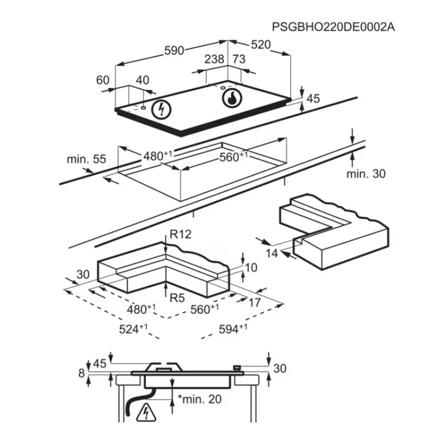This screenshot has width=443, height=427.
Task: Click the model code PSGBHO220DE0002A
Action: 333,26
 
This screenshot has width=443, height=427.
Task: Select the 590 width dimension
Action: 173,50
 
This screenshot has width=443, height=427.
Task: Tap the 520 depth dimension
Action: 260,45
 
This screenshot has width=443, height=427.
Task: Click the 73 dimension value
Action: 238,59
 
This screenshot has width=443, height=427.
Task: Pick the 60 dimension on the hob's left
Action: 103,80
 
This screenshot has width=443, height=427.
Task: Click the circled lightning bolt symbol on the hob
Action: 160,109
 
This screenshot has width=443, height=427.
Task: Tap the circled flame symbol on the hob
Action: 231,98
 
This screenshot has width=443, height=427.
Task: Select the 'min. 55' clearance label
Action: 86,160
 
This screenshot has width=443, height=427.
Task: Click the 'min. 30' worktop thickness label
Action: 366,173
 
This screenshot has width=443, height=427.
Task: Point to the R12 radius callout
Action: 180,235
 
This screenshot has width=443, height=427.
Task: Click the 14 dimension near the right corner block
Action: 272,253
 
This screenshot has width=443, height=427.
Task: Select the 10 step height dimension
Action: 251,267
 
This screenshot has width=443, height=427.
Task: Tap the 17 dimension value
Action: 255,302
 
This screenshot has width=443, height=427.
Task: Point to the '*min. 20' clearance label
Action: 198,400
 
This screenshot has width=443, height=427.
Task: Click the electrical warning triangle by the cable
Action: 144,413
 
